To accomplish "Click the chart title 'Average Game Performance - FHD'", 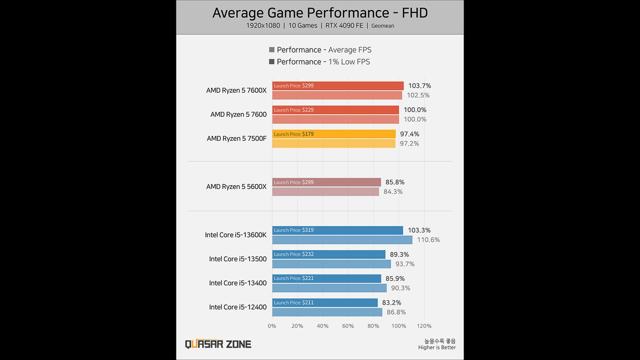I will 320,13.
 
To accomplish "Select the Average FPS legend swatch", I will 272,50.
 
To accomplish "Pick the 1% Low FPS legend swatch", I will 272,62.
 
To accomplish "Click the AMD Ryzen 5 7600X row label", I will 236,91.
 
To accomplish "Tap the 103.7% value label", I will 420,86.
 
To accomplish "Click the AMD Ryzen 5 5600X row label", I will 236,187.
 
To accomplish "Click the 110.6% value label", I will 428,240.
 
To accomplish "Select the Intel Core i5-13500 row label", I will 237,259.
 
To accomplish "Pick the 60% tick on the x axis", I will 348,326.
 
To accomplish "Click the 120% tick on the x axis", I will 424,326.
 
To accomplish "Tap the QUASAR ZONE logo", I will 218,344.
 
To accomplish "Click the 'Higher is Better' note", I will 437,348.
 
